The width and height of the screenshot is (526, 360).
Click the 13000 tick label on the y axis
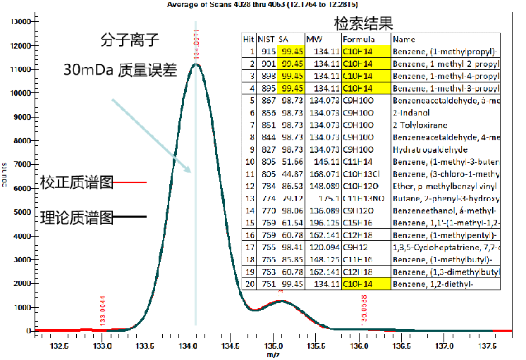point(16,21)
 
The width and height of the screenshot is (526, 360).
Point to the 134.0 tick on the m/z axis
point(188,347)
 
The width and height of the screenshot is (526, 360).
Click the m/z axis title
point(273,355)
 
